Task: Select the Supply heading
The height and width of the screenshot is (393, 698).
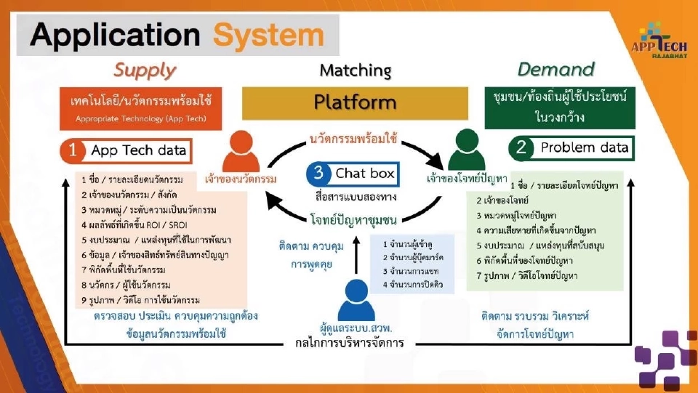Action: pos(145,70)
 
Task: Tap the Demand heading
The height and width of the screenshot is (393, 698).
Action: pos(555,70)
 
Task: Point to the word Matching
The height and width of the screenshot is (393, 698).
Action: pos(356,70)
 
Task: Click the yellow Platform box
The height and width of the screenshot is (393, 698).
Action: pos(356,102)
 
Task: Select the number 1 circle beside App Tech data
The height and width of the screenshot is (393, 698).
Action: pos(73,151)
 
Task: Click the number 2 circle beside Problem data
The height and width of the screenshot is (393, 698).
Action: pos(521,147)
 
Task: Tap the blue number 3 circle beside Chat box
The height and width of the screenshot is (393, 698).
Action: pos(318,174)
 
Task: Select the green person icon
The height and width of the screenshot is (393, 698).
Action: pos(466,151)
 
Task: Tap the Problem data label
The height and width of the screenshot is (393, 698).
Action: pos(584,147)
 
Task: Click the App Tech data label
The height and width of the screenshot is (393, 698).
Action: pos(138,151)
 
